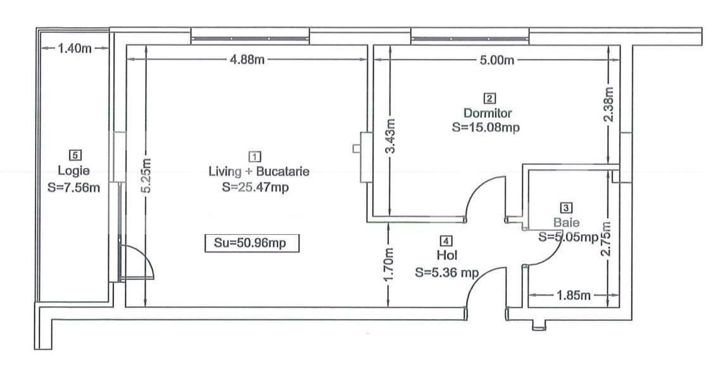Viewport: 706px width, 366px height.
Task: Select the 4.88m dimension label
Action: (247, 60)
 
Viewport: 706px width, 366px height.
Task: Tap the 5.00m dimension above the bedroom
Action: (497, 60)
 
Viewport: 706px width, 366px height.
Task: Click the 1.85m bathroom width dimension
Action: (574, 296)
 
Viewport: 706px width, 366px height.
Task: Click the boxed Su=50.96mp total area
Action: (251, 243)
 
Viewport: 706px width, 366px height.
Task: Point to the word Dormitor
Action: (488, 114)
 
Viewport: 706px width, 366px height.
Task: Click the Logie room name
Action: (73, 170)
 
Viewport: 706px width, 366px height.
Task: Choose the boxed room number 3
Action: (566, 207)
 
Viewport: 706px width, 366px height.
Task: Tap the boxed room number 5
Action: (75, 154)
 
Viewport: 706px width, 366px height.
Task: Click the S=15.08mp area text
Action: (486, 127)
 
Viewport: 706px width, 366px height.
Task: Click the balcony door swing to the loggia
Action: (141, 261)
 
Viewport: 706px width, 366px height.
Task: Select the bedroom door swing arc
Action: (485, 193)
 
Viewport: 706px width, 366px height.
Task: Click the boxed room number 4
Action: (446, 241)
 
